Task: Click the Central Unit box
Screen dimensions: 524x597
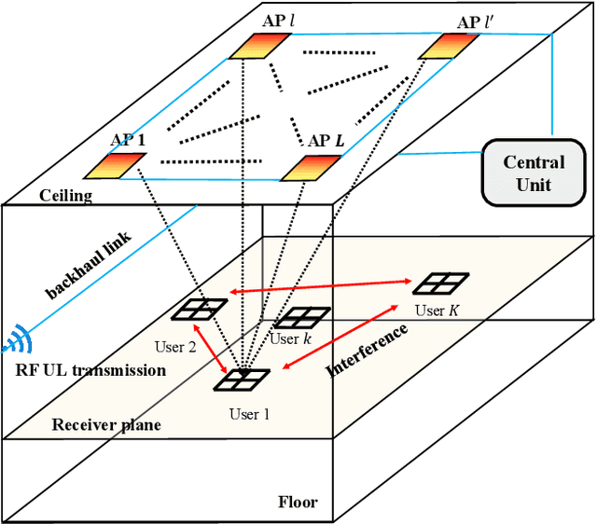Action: click(528, 173)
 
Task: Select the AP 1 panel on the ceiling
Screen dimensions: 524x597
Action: click(114, 165)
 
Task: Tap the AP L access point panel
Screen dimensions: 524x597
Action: click(310, 168)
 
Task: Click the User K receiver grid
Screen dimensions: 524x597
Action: click(440, 283)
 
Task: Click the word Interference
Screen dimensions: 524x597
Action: click(368, 350)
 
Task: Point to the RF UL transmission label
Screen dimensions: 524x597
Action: click(90, 370)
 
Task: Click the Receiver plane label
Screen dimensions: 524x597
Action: click(106, 424)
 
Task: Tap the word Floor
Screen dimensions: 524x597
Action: click(298, 503)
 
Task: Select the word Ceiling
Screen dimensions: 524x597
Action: click(65, 195)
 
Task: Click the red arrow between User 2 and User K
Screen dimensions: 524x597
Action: click(322, 286)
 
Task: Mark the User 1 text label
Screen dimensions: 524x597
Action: click(248, 414)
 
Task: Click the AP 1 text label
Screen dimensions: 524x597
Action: click(129, 140)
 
